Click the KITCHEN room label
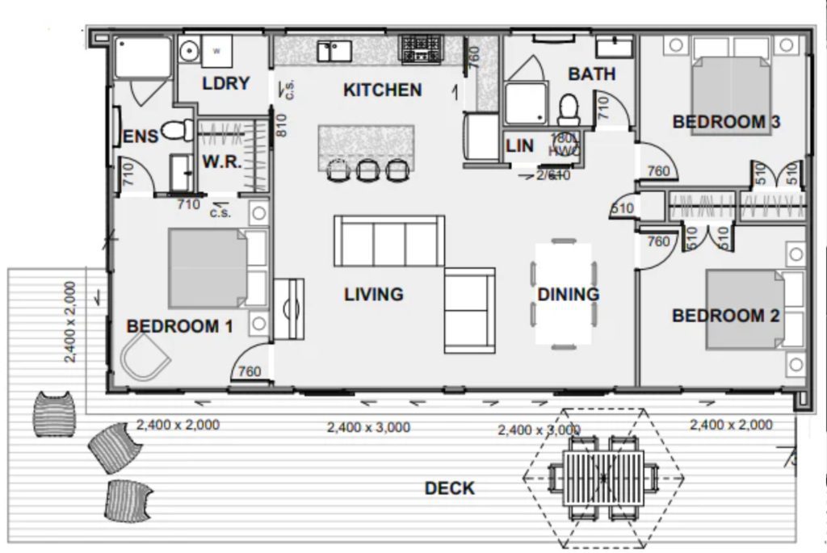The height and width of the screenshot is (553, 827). click(x=382, y=90)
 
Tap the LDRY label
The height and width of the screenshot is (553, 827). click(x=225, y=83)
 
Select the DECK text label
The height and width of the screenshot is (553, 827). click(x=450, y=488)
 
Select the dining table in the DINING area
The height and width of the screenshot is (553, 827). click(x=564, y=294)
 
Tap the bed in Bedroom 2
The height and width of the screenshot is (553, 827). click(x=744, y=310)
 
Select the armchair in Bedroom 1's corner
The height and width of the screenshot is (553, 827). click(x=145, y=357)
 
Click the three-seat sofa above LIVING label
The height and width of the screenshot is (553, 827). click(x=389, y=241)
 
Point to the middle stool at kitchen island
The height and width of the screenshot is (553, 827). click(x=368, y=170)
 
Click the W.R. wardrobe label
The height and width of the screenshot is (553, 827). click(x=221, y=161)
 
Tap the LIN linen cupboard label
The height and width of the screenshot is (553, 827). click(x=519, y=146)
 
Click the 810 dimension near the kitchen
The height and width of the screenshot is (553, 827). click(x=281, y=125)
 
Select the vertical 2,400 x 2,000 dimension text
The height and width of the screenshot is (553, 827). click(x=70, y=321)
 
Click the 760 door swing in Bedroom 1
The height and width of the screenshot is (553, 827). click(x=249, y=371)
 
